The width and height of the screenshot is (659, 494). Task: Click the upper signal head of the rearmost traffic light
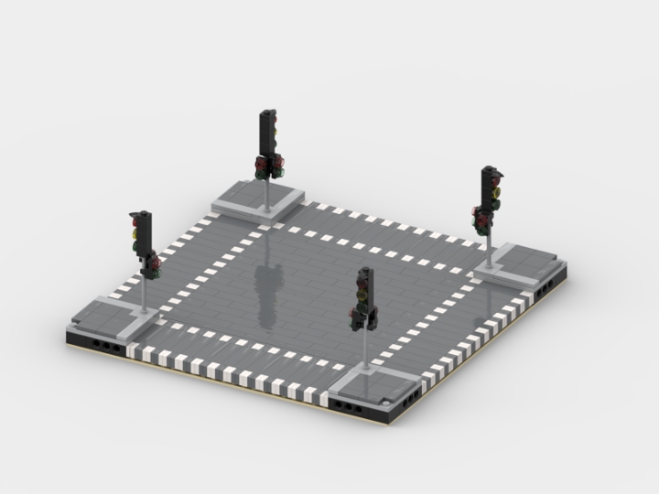pyautogui.click(x=268, y=129)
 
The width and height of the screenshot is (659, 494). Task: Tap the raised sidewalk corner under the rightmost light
pyautogui.click(x=517, y=265)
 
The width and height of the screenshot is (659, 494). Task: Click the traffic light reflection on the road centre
pyautogui.click(x=266, y=293)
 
